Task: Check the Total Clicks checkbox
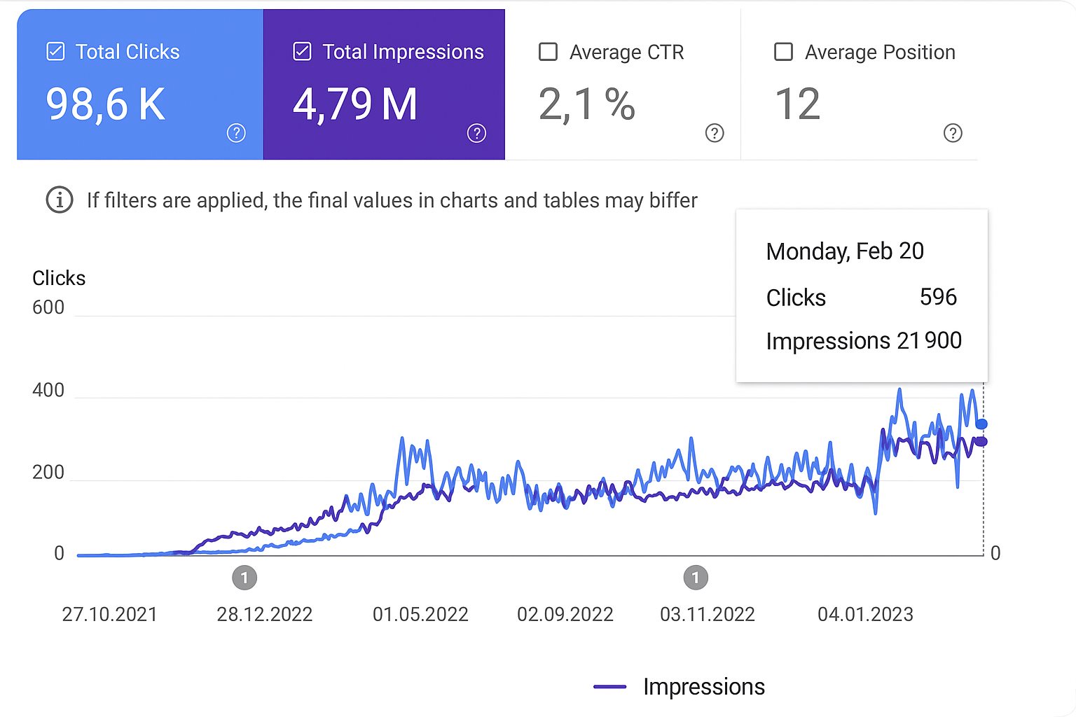55,52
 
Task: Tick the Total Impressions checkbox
302,52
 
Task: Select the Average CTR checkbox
548,52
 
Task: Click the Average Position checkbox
783,52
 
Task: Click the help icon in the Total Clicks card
236,133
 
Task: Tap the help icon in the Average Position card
953,133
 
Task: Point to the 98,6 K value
106,104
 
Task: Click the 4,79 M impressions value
355,104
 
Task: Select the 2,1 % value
587,104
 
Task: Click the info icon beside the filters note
60,200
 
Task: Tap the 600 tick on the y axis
48,307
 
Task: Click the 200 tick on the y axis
48,473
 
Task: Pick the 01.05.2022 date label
420,615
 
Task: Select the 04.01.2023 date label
865,615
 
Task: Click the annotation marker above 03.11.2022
696,578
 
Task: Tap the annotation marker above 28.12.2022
244,578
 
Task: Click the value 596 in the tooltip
938,297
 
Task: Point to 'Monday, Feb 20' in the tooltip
845,251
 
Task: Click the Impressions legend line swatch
609,687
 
